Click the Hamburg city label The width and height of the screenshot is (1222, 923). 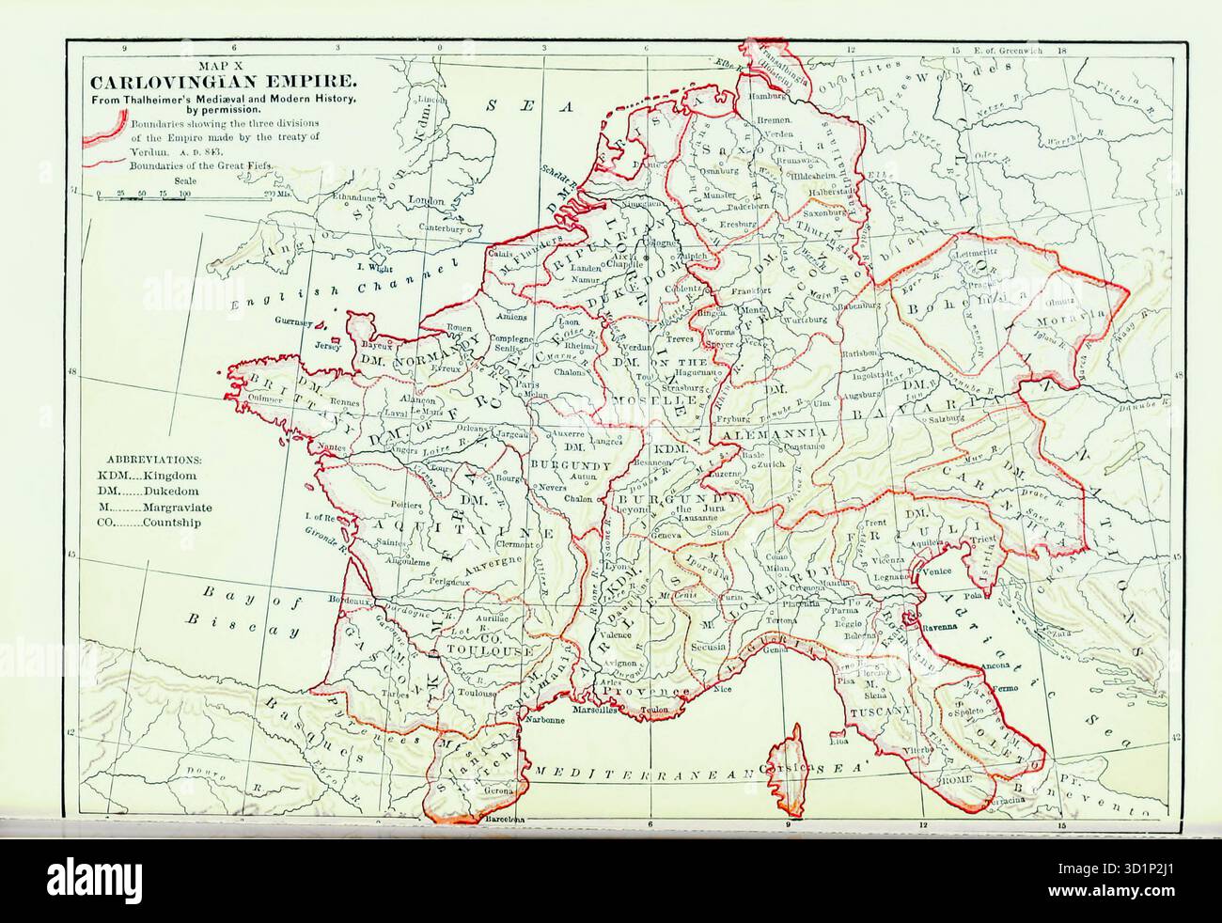[761, 97]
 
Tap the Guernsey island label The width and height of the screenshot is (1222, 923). [293, 321]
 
